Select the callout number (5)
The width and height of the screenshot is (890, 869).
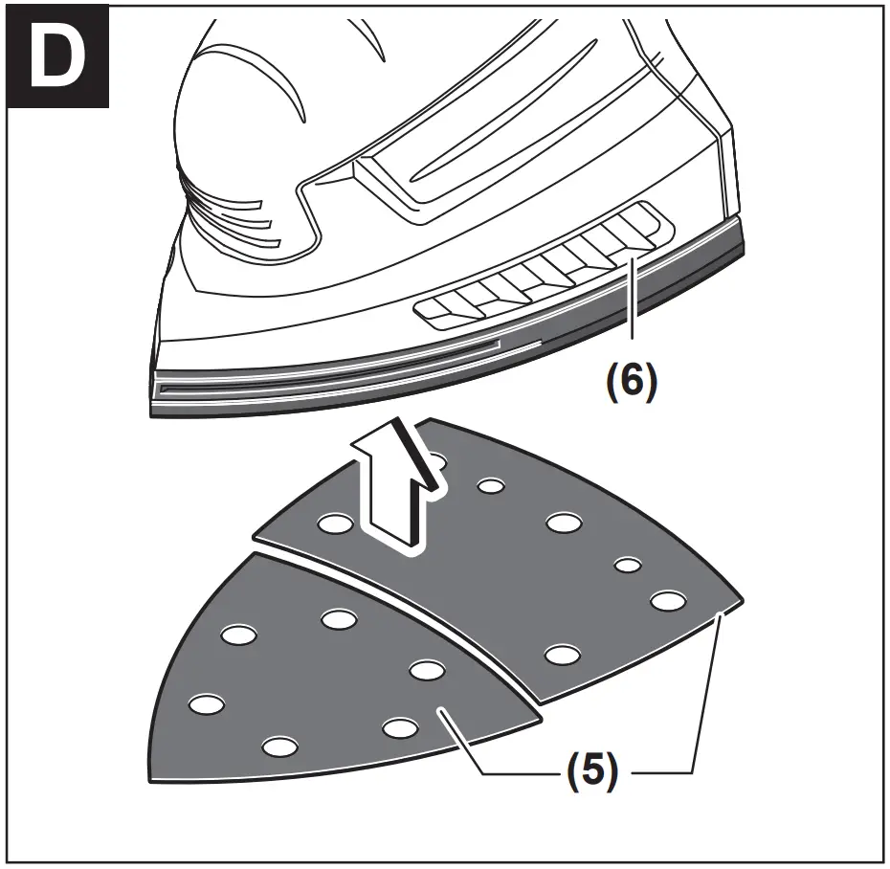click(x=588, y=771)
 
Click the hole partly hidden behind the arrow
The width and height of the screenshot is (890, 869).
click(x=435, y=462)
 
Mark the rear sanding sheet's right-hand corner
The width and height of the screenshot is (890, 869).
click(x=741, y=600)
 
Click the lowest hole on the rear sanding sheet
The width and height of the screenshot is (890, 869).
click(x=561, y=655)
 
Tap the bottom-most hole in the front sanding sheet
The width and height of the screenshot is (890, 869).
click(x=277, y=746)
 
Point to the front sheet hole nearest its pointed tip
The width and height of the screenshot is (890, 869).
click(x=203, y=703)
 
